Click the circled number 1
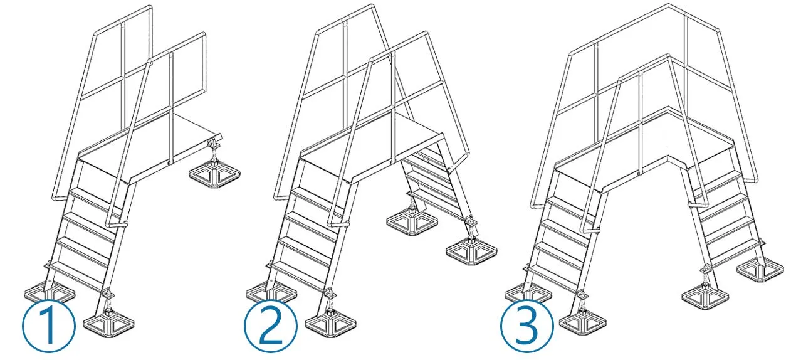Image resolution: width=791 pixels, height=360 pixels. coord(49,326)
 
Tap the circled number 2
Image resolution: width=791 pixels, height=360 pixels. coord(271,326)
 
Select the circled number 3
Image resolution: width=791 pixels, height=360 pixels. coord(527,326)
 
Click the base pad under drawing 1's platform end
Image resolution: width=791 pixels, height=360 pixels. coord(214,176)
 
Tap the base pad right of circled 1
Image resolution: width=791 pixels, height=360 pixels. coord(108,325)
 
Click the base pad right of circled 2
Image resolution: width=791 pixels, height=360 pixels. coord(330,325)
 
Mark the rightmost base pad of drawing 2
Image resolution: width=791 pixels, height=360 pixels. coord(471,252)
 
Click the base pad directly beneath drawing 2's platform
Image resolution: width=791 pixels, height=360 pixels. coord(412,223)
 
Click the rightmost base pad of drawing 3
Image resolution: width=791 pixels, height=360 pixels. coord(760,271)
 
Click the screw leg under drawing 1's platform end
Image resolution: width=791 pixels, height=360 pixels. coord(214,151)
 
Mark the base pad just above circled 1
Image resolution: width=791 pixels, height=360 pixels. coord(50,294)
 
